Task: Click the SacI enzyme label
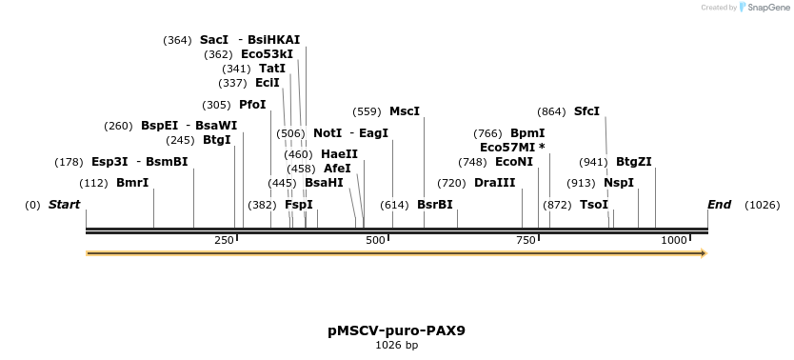[214, 40]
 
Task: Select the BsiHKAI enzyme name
[273, 40]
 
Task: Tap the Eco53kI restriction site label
[267, 54]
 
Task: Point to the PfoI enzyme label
[252, 105]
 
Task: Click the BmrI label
[132, 183]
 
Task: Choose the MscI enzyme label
[405, 111]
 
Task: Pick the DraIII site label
[494, 183]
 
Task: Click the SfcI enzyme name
[586, 111]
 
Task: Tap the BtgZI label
[633, 162]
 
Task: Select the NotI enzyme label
[328, 133]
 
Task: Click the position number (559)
[367, 111]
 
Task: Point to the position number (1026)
[762, 205]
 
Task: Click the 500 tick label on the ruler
[374, 241]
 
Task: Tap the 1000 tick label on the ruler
[674, 241]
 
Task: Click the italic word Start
[64, 205]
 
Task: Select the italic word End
[720, 205]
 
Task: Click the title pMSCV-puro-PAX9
[396, 330]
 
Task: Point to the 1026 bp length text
[396, 345]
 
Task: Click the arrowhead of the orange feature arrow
[703, 253]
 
